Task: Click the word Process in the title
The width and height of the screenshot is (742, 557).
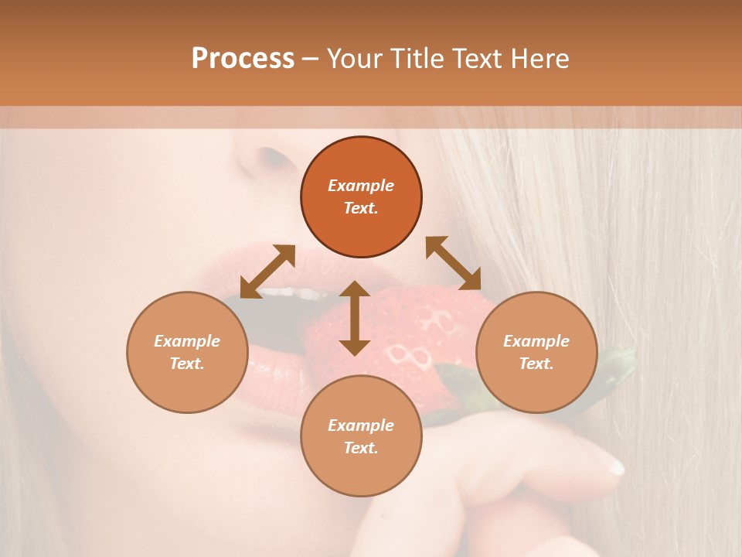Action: (x=243, y=59)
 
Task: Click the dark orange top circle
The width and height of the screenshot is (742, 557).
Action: (x=361, y=197)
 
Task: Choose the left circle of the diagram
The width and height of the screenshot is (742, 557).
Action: (x=187, y=352)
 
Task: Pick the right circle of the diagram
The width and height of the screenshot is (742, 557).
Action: (x=536, y=352)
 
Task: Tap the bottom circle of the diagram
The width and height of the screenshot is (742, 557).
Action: (x=361, y=436)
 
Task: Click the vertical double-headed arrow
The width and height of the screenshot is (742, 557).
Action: (x=355, y=318)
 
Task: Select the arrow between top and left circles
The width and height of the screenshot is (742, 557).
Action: (x=267, y=272)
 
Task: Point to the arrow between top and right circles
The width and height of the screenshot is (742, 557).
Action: (x=453, y=264)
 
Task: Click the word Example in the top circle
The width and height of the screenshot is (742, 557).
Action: (x=361, y=186)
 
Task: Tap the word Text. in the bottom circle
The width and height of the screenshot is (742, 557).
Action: (x=361, y=448)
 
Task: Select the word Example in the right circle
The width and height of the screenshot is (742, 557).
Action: (x=536, y=341)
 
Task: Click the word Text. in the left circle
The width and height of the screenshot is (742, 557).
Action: (x=187, y=364)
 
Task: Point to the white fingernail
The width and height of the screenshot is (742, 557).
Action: (x=614, y=465)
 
